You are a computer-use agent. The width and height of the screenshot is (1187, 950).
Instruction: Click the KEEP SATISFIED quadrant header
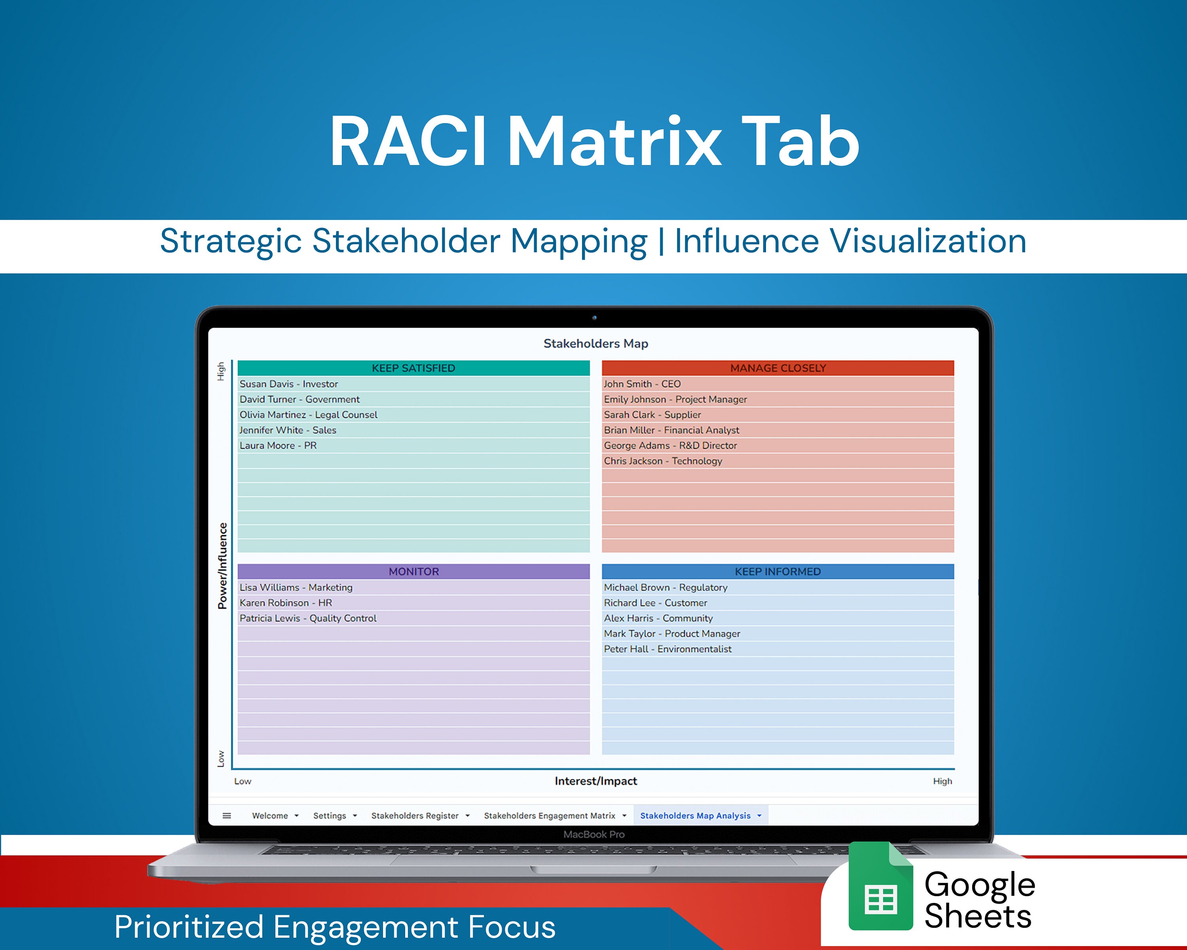(413, 368)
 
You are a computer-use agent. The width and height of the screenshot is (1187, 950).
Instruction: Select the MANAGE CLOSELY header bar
(777, 368)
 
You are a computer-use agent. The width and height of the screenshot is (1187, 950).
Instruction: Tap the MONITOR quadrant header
(413, 572)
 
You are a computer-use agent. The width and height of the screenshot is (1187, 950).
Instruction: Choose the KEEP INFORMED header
(777, 572)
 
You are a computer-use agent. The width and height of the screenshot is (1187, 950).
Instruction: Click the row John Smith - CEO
(642, 384)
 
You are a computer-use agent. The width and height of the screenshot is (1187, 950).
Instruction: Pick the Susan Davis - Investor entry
(288, 384)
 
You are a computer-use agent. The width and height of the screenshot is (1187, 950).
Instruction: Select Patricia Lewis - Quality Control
(308, 618)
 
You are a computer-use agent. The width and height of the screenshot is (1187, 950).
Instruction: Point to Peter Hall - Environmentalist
(667, 649)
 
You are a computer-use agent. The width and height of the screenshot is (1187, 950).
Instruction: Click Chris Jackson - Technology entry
(663, 461)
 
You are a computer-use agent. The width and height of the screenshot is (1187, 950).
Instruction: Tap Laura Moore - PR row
(278, 446)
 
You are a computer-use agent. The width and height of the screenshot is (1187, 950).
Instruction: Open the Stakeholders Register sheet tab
(415, 816)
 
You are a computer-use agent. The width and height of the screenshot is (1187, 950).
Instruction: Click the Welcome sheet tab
(270, 816)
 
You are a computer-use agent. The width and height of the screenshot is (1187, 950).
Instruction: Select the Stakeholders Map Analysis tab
(695, 816)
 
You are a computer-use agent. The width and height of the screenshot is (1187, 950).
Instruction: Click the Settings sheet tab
(329, 816)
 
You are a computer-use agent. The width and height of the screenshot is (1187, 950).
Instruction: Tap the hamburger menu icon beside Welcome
(227, 816)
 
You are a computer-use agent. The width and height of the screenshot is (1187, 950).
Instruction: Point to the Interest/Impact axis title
(596, 781)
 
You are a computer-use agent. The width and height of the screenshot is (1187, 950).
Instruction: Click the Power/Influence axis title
(222, 566)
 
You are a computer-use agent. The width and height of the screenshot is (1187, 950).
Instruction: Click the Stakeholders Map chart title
(596, 344)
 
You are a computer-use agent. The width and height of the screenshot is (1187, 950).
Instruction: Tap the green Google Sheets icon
(880, 886)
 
